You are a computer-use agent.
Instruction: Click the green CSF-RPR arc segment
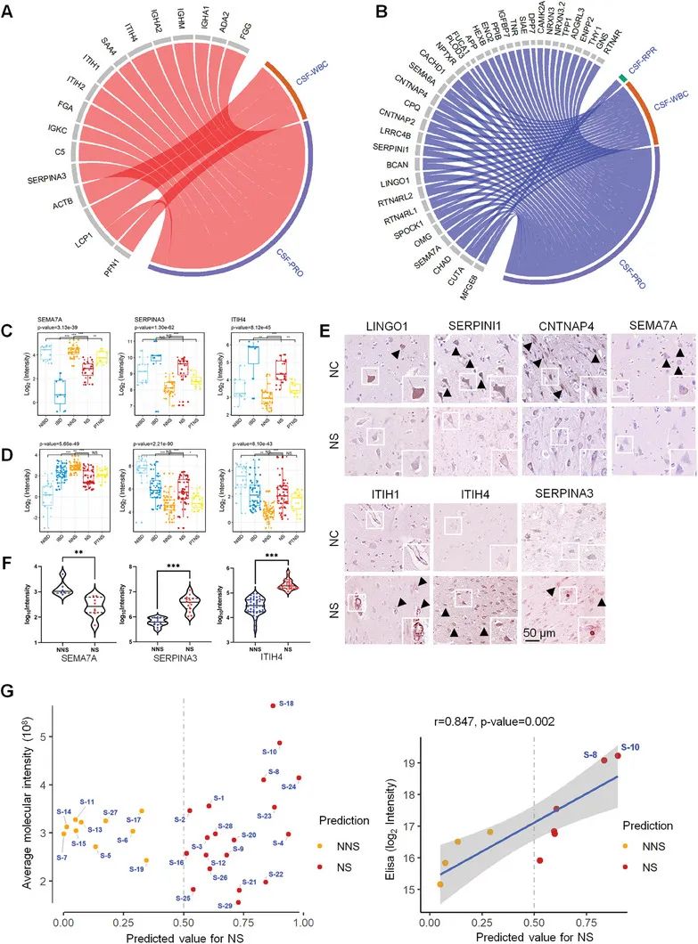621,80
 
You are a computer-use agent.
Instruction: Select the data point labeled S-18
273,706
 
